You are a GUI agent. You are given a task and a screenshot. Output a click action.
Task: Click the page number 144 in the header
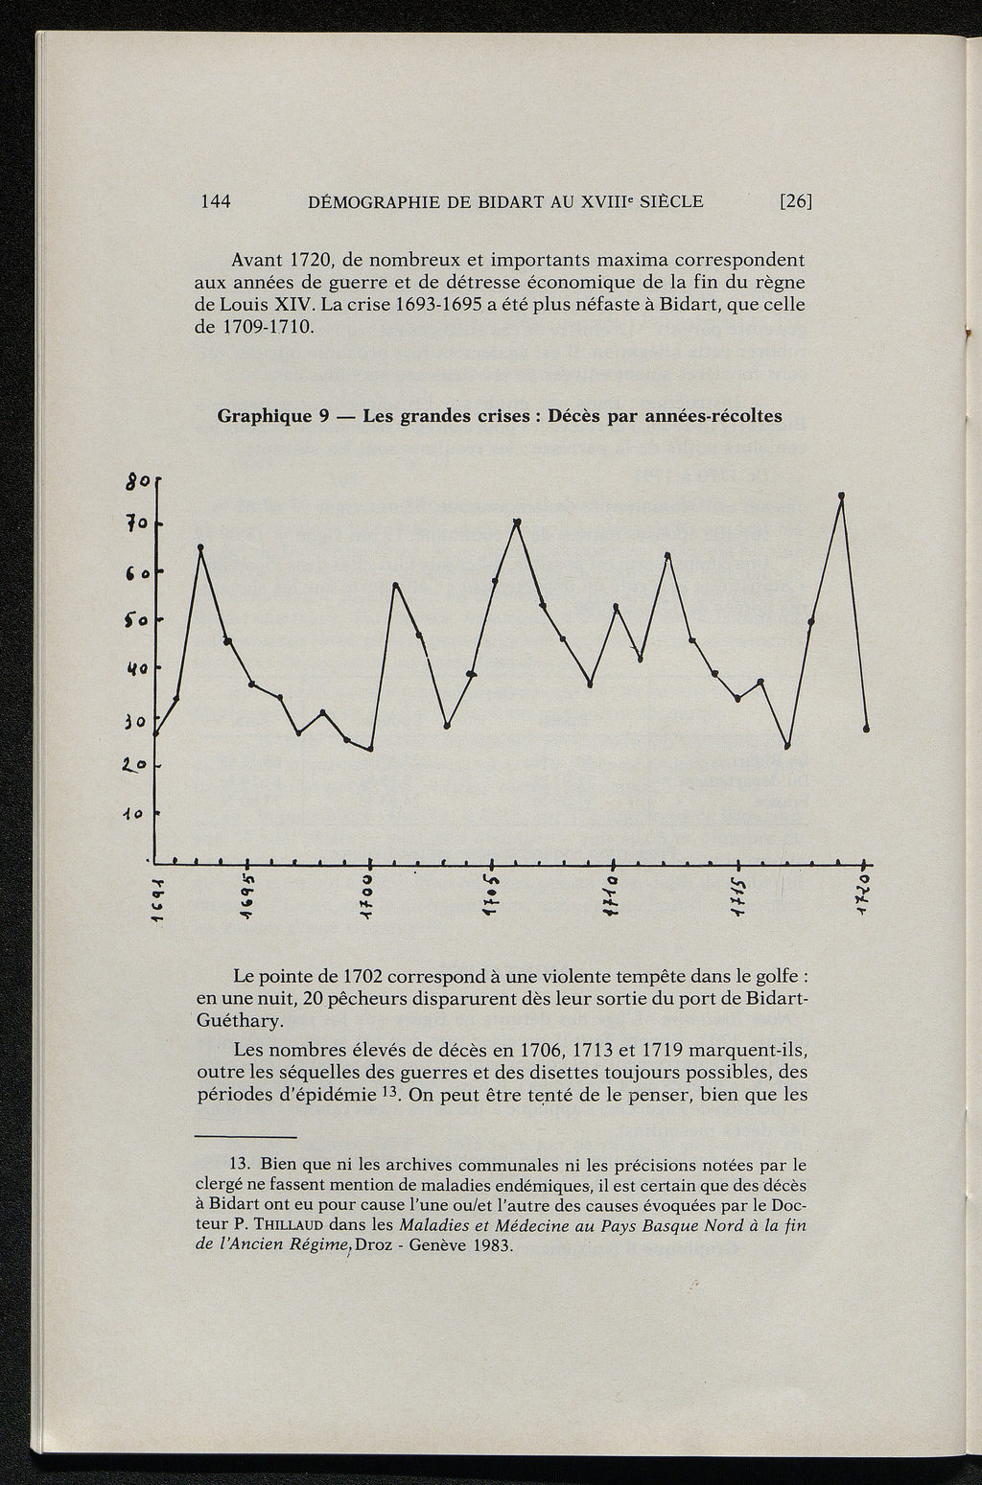(217, 201)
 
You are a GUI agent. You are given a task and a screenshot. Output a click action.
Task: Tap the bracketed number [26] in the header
(795, 201)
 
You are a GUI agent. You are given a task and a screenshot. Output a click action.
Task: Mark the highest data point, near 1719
(841, 496)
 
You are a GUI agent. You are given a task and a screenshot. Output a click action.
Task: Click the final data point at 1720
(866, 730)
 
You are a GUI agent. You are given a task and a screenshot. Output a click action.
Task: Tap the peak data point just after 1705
(518, 522)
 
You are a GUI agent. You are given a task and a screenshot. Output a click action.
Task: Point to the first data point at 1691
(155, 733)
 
